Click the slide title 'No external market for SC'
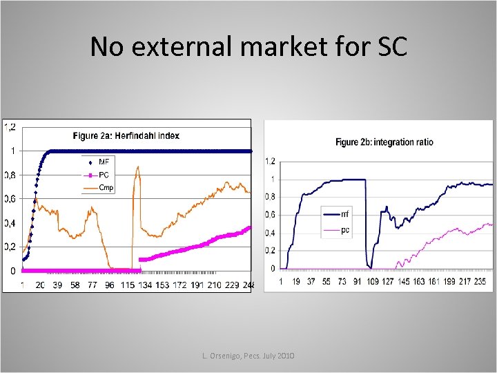point(248,47)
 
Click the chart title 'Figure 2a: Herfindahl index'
point(126,135)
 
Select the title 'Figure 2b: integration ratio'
point(384,142)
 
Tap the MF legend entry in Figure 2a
point(104,162)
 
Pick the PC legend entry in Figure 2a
point(104,175)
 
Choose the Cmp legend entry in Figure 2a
point(106,187)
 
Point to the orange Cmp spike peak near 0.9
point(138,166)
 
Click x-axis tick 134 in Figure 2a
point(144,285)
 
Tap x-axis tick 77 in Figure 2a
point(92,285)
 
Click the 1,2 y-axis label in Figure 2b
point(270,162)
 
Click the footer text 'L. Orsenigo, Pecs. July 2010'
point(248,355)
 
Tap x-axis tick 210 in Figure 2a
point(214,285)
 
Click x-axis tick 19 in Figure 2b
point(296,282)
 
